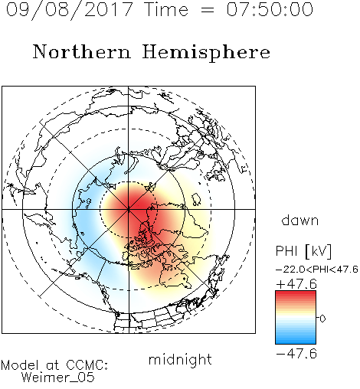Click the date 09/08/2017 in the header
pos(70,9)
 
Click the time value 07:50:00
pos(270,9)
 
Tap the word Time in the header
pos(166,9)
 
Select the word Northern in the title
pos(82,51)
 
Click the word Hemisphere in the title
pos(206,53)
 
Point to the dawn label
pos(300,220)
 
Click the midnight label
pos(180,359)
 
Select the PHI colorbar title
pos(286,251)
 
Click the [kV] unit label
pos(319,251)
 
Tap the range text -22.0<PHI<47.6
pos(317,270)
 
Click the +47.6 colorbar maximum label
pos(296,284)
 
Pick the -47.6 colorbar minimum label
pos(296,354)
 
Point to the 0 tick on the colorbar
pos(322,319)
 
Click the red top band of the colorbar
pos(296,295)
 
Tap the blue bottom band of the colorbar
pos(296,339)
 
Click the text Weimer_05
pos(58,378)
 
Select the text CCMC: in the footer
pos(87,365)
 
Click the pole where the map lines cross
pos(129,209)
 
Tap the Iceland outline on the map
pos(196,199)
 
